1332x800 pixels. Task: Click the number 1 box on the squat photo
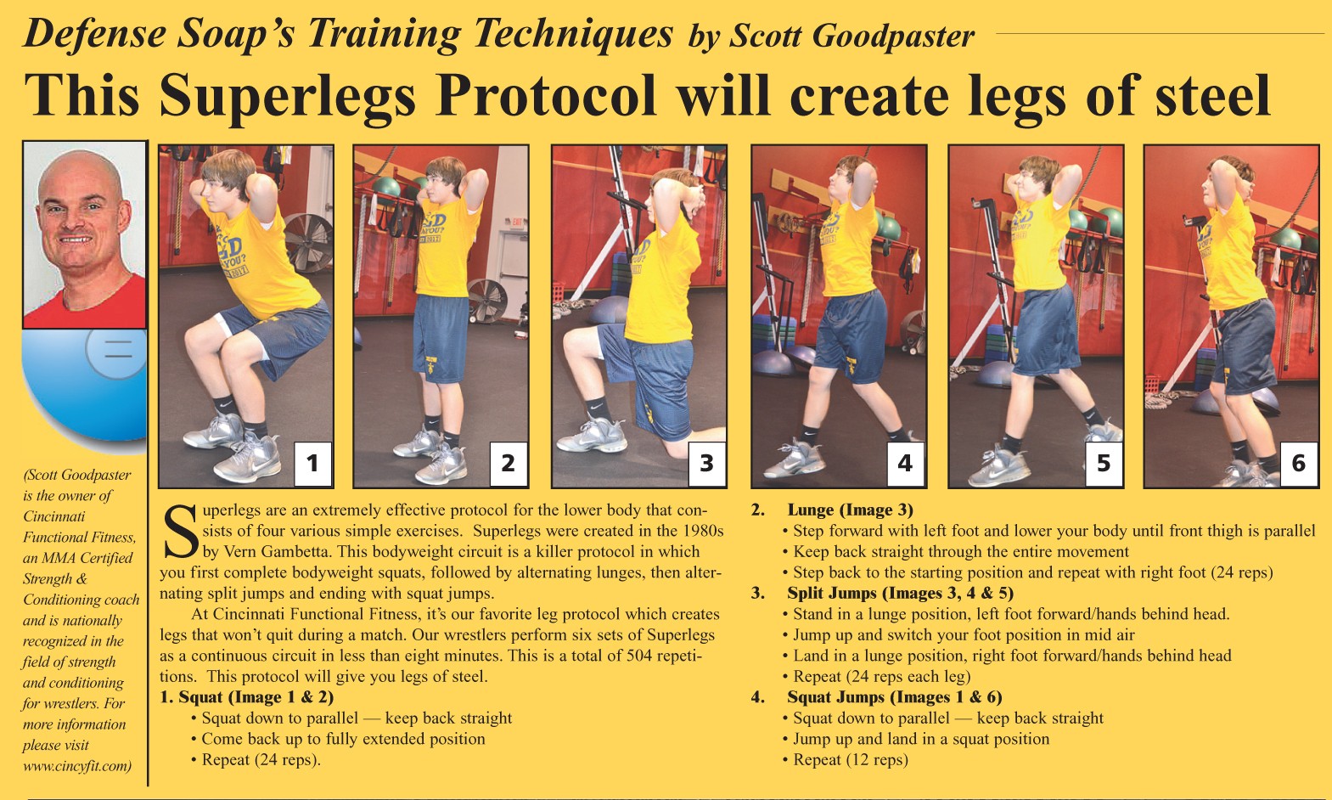(312, 463)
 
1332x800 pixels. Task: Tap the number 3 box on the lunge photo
(706, 463)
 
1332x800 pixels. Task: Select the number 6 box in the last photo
(1299, 463)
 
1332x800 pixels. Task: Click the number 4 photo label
(905, 463)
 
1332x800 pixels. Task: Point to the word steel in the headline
(1213, 95)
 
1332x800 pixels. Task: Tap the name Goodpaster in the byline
(893, 37)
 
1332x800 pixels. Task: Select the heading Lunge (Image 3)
(850, 510)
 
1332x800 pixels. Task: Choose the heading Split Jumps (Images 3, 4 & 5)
(900, 593)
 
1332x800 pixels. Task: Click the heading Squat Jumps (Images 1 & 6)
(894, 697)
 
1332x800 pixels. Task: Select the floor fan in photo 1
(309, 243)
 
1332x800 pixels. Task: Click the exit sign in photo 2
(516, 223)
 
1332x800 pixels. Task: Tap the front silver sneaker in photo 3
(591, 436)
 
